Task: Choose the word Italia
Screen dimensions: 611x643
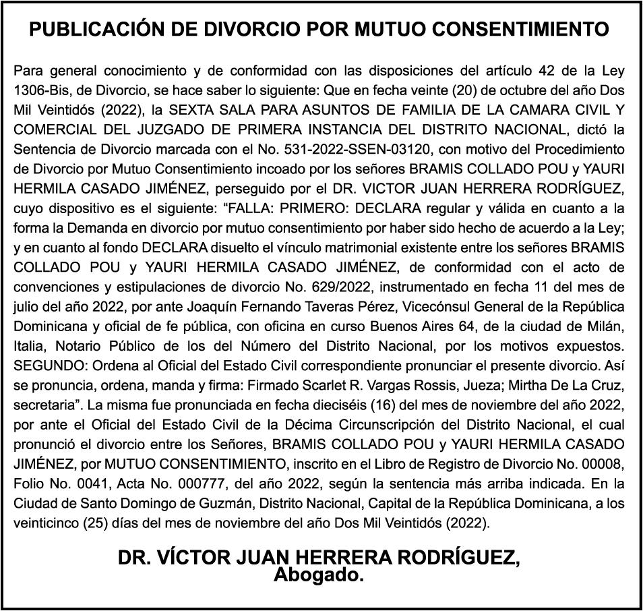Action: (31, 344)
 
